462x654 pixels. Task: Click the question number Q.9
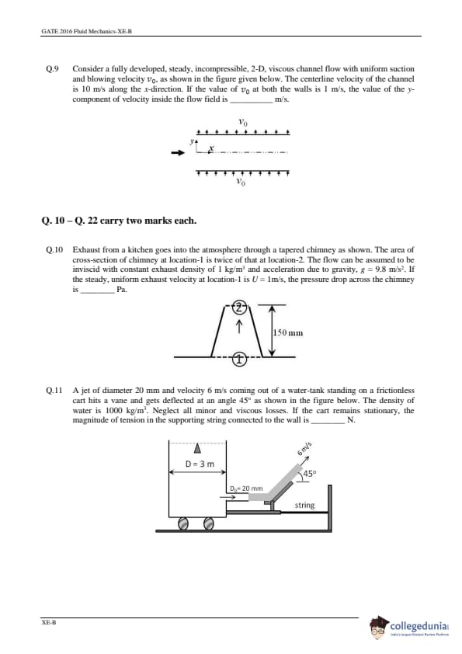[x=52, y=69]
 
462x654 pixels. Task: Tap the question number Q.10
[x=54, y=250]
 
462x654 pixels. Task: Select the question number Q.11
[x=54, y=391]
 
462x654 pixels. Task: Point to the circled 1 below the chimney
[x=239, y=359]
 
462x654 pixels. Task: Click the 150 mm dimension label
[x=288, y=333]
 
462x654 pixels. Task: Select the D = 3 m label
[x=200, y=464]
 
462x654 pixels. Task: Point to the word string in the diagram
[x=305, y=505]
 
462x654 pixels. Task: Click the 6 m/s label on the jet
[x=304, y=448]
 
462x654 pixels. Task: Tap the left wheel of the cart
[x=183, y=524]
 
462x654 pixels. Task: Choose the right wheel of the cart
[x=209, y=524]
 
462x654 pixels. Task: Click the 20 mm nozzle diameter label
[x=246, y=488]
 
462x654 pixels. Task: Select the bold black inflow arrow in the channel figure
[x=178, y=153]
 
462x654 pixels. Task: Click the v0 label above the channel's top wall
[x=243, y=122]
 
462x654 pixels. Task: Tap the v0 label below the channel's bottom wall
[x=241, y=182]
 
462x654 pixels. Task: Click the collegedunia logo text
[x=419, y=626]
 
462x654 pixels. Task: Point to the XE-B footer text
[x=49, y=622]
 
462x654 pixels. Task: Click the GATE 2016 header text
[x=87, y=31]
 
